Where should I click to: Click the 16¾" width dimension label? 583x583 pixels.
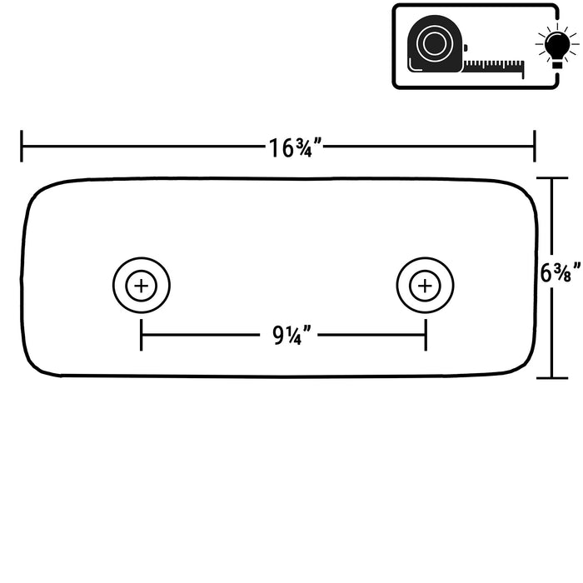coord(296,148)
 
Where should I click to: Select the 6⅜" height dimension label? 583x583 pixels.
coord(561,272)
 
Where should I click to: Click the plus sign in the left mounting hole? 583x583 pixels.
coord(142,286)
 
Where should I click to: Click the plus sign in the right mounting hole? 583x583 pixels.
coord(425,286)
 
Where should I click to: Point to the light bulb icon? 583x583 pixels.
coord(556,46)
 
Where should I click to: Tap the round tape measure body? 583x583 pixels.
coord(435,43)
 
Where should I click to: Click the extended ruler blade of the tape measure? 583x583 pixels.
coord(494,67)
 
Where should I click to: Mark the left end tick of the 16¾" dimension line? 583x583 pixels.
coord(22,146)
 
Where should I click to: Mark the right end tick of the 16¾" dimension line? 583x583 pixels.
coord(535,146)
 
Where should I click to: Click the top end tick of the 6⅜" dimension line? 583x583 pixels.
coord(552,178)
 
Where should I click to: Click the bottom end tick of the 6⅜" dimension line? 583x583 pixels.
coord(552,378)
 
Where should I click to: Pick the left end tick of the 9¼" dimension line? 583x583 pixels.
coord(142,335)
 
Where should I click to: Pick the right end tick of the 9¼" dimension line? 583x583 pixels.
coord(426,335)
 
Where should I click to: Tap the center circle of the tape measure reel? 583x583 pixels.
coord(435,42)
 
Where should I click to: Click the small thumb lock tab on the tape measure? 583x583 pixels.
coord(465,48)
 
